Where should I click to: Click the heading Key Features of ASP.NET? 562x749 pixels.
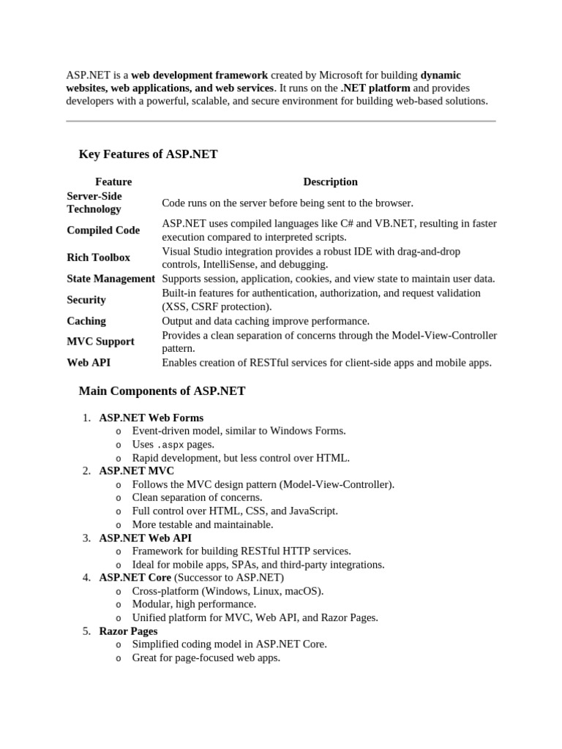coord(148,154)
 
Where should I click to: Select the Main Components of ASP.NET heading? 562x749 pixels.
coord(162,391)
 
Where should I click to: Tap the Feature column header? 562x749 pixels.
coord(113,181)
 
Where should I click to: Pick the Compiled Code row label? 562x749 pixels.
coord(103,230)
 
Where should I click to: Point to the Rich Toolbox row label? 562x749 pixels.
coord(98,257)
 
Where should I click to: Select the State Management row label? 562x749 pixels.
coord(110,279)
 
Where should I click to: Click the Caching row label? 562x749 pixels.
coord(86,321)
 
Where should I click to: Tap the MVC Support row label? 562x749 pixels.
coord(100,342)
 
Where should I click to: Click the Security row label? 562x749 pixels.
coord(86,300)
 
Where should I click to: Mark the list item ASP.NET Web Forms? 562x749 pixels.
coord(151,418)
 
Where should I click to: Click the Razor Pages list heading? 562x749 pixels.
coord(128,631)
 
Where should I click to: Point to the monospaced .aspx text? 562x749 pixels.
coord(171,445)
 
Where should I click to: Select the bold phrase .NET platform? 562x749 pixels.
coord(375,88)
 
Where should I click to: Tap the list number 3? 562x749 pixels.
coord(86,538)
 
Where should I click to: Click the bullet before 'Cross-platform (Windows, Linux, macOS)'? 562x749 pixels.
coord(119,592)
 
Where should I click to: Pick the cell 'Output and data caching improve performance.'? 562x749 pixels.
coord(266,321)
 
